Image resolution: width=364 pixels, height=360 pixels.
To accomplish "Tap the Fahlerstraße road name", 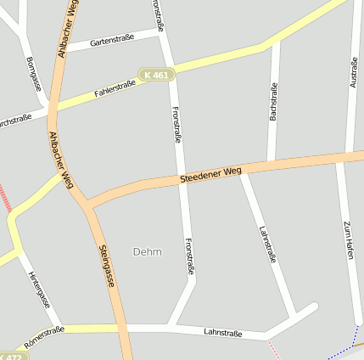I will coord(115,87).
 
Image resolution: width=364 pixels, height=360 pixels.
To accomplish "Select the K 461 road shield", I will coord(157,75).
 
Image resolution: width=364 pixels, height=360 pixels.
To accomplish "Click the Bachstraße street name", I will coord(273,101).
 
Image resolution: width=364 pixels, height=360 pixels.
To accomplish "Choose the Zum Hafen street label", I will coord(347,239).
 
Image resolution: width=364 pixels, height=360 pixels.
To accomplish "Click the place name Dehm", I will coord(147,251).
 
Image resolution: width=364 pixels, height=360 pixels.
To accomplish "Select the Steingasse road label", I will coord(107,266).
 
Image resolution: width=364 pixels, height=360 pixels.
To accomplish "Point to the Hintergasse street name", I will coord(39,290).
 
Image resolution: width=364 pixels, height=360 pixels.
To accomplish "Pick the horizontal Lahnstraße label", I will coord(223,334).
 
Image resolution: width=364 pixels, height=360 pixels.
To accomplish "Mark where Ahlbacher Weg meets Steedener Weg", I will coord(87,204).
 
